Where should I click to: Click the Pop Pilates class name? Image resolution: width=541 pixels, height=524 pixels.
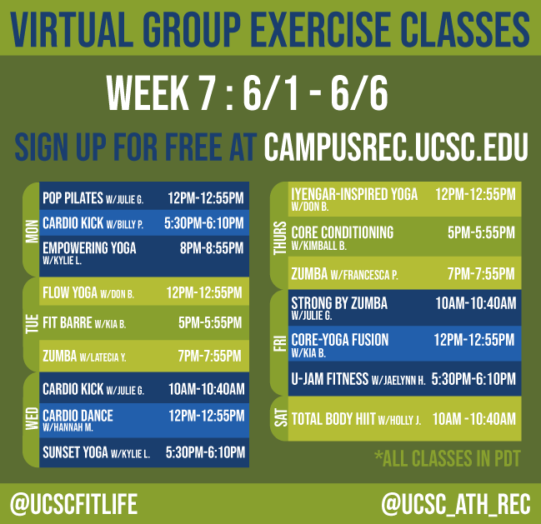[73, 198]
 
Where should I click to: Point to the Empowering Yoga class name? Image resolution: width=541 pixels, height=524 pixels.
[88, 247]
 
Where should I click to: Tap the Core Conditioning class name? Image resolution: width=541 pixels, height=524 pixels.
[342, 232]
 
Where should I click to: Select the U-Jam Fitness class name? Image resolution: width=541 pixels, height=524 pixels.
[330, 379]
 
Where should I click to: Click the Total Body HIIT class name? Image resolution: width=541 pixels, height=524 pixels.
[333, 418]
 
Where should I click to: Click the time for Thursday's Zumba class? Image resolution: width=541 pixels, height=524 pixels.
[482, 272]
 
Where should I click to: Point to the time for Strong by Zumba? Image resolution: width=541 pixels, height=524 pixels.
[475, 303]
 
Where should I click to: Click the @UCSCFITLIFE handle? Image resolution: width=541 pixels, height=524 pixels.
[73, 503]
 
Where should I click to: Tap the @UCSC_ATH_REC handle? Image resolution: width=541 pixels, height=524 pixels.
[454, 503]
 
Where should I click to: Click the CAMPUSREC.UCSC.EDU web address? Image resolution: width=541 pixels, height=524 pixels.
[396, 147]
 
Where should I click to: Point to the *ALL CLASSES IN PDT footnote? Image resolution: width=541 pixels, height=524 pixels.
[446, 458]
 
